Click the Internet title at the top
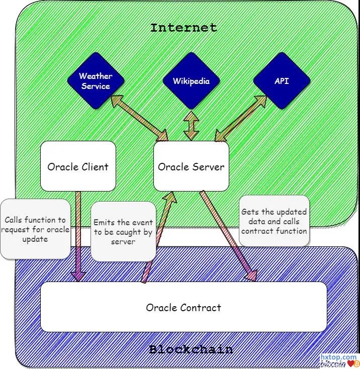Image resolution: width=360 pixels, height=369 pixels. [x=184, y=28]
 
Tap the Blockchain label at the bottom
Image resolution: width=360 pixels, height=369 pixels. [x=191, y=349]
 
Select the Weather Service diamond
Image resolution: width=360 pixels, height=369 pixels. [x=95, y=81]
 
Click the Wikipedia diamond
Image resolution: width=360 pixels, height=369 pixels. [x=191, y=81]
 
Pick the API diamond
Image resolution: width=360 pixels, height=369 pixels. [x=282, y=80]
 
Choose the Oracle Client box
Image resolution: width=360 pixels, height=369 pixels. [x=78, y=166]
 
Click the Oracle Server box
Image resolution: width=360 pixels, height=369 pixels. [x=191, y=166]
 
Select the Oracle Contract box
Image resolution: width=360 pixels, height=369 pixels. [x=184, y=307]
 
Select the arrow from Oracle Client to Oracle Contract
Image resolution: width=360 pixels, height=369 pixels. [x=77, y=236]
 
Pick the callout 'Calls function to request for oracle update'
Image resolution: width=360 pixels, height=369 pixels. [x=35, y=229]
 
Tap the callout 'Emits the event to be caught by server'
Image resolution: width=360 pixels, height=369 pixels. [x=123, y=232]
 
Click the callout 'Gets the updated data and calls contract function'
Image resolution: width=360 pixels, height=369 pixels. [x=274, y=221]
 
